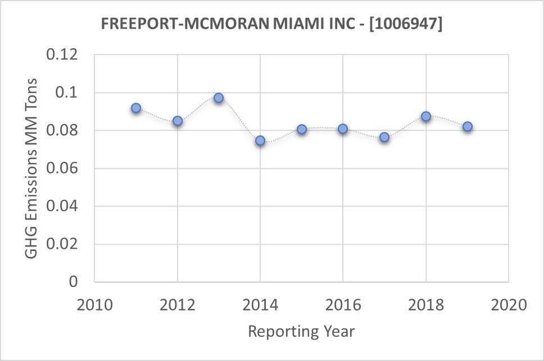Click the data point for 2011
pyautogui.click(x=136, y=108)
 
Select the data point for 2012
pyautogui.click(x=178, y=121)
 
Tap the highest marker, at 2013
pyautogui.click(x=219, y=98)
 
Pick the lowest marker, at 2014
pyautogui.click(x=260, y=140)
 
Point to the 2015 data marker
pyautogui.click(x=302, y=129)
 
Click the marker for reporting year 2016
pyautogui.click(x=343, y=129)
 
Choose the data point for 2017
pyautogui.click(x=384, y=137)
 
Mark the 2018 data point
pyautogui.click(x=426, y=116)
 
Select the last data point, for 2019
pyautogui.click(x=468, y=126)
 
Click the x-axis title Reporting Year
pyautogui.click(x=301, y=331)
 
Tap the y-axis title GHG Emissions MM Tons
pyautogui.click(x=32, y=168)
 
